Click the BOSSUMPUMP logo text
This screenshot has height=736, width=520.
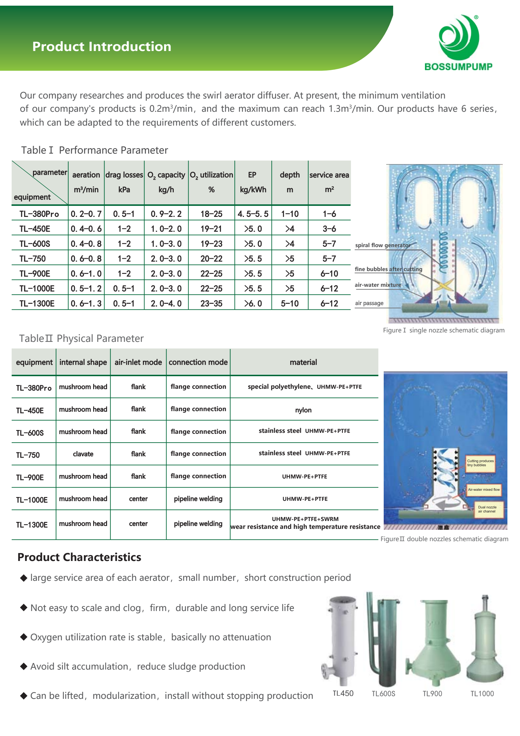458,67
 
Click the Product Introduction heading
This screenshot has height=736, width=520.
102,47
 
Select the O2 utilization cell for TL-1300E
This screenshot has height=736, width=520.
211,303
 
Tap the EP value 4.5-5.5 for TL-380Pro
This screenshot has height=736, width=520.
253,214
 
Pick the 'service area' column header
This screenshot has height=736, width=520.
329,175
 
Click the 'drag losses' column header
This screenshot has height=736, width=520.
124,175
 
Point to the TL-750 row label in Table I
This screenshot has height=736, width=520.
33,259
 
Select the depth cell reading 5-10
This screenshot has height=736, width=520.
290,303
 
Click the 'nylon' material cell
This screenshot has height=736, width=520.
303,410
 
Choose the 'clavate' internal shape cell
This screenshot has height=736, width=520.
83,454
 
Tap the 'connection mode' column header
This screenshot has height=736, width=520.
198,362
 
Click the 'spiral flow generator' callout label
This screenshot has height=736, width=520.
382,245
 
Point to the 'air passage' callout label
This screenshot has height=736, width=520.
369,303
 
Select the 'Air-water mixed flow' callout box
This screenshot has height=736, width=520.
483,490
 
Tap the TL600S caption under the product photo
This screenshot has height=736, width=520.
383,694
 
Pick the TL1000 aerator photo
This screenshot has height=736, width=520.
484,641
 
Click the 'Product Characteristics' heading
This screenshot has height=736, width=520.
79,557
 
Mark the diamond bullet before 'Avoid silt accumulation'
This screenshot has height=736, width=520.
24,666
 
